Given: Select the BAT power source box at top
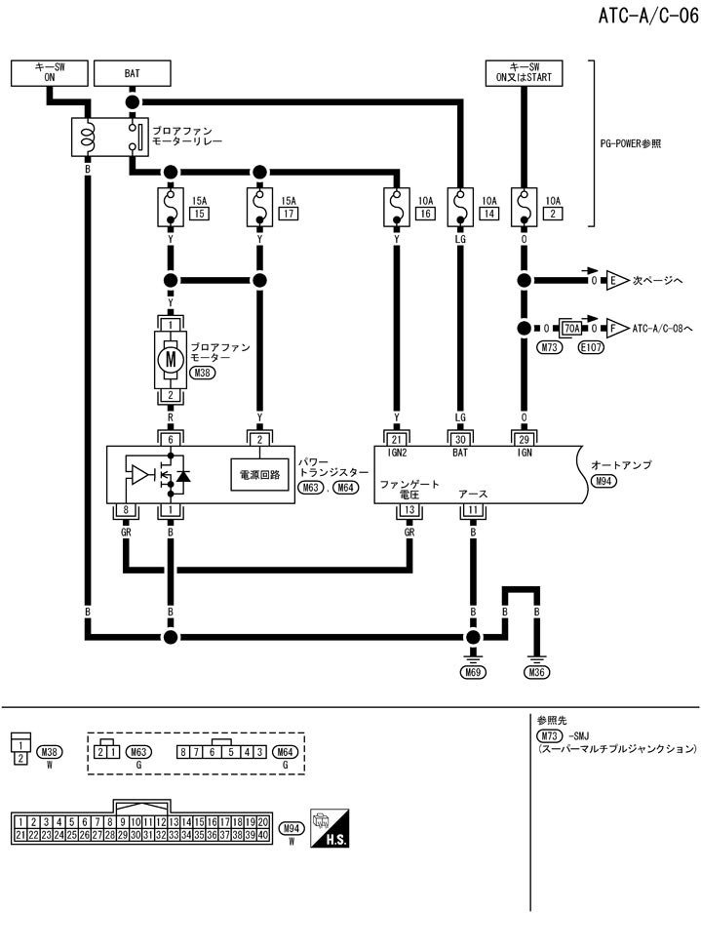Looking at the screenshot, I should point(132,73).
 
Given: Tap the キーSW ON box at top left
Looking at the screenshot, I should point(48,73).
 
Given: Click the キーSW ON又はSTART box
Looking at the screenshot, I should point(524,73).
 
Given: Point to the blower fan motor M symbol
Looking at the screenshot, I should point(172,358).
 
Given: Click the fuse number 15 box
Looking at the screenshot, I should point(199,213).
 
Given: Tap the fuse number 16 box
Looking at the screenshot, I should point(424,213).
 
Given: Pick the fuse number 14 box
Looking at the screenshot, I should point(488,213).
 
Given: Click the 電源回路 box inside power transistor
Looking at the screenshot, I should point(259,476).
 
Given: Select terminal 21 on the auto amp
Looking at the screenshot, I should point(396,439).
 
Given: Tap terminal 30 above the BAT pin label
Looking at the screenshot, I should point(460,439).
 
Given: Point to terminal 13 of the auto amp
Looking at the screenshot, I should point(409,510).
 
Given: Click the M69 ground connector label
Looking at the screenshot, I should point(474,672).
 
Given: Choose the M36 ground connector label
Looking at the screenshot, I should point(536,672).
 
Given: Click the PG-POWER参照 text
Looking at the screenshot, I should point(630,142).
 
